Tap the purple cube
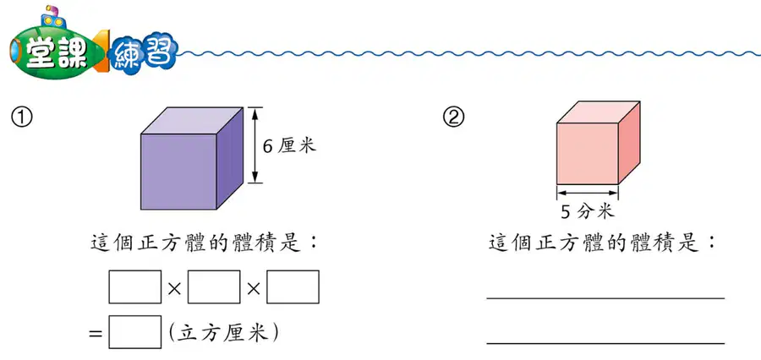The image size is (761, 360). point(192,158)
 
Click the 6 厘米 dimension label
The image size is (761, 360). point(289,145)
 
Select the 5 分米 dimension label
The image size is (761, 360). point(588,211)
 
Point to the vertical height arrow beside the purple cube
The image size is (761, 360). point(255,145)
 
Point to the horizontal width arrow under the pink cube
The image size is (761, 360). point(588,194)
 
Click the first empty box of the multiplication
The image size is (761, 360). point(135,286)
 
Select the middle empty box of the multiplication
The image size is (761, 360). point(214,286)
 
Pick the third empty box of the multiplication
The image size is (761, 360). point(293,286)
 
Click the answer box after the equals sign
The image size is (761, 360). point(135,332)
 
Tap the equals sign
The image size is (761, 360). point(96,333)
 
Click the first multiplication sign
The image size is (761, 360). point(174,289)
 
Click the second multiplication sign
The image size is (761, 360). point(254,289)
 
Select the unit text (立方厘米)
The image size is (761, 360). point(223,332)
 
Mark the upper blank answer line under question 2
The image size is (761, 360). point(605,298)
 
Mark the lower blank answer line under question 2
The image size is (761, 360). point(605,343)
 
